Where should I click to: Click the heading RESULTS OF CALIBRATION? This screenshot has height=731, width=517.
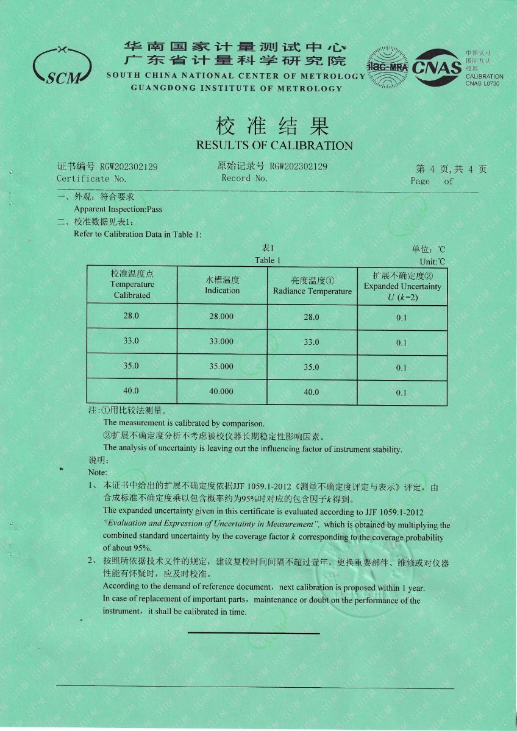274,146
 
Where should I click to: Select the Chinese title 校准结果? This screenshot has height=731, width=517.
273,126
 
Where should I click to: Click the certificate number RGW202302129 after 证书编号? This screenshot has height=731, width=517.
129,167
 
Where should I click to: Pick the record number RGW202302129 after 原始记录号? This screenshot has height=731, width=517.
299,166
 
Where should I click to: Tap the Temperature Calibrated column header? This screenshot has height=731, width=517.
132,284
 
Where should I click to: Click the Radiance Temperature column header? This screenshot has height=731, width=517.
312,286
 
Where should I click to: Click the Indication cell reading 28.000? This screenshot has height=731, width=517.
221,317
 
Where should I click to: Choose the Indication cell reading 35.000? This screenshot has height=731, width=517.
221,367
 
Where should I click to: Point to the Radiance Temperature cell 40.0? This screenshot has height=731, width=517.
312,392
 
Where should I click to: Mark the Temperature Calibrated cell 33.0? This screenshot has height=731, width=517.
132,341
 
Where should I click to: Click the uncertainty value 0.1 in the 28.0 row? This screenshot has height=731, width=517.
401,317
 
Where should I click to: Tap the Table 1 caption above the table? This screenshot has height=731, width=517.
268,260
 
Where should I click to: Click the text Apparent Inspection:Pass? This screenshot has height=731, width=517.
118,210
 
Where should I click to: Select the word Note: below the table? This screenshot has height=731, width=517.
98,472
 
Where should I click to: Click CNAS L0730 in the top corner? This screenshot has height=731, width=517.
482,83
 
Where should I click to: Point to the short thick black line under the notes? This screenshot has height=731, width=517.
254,634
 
